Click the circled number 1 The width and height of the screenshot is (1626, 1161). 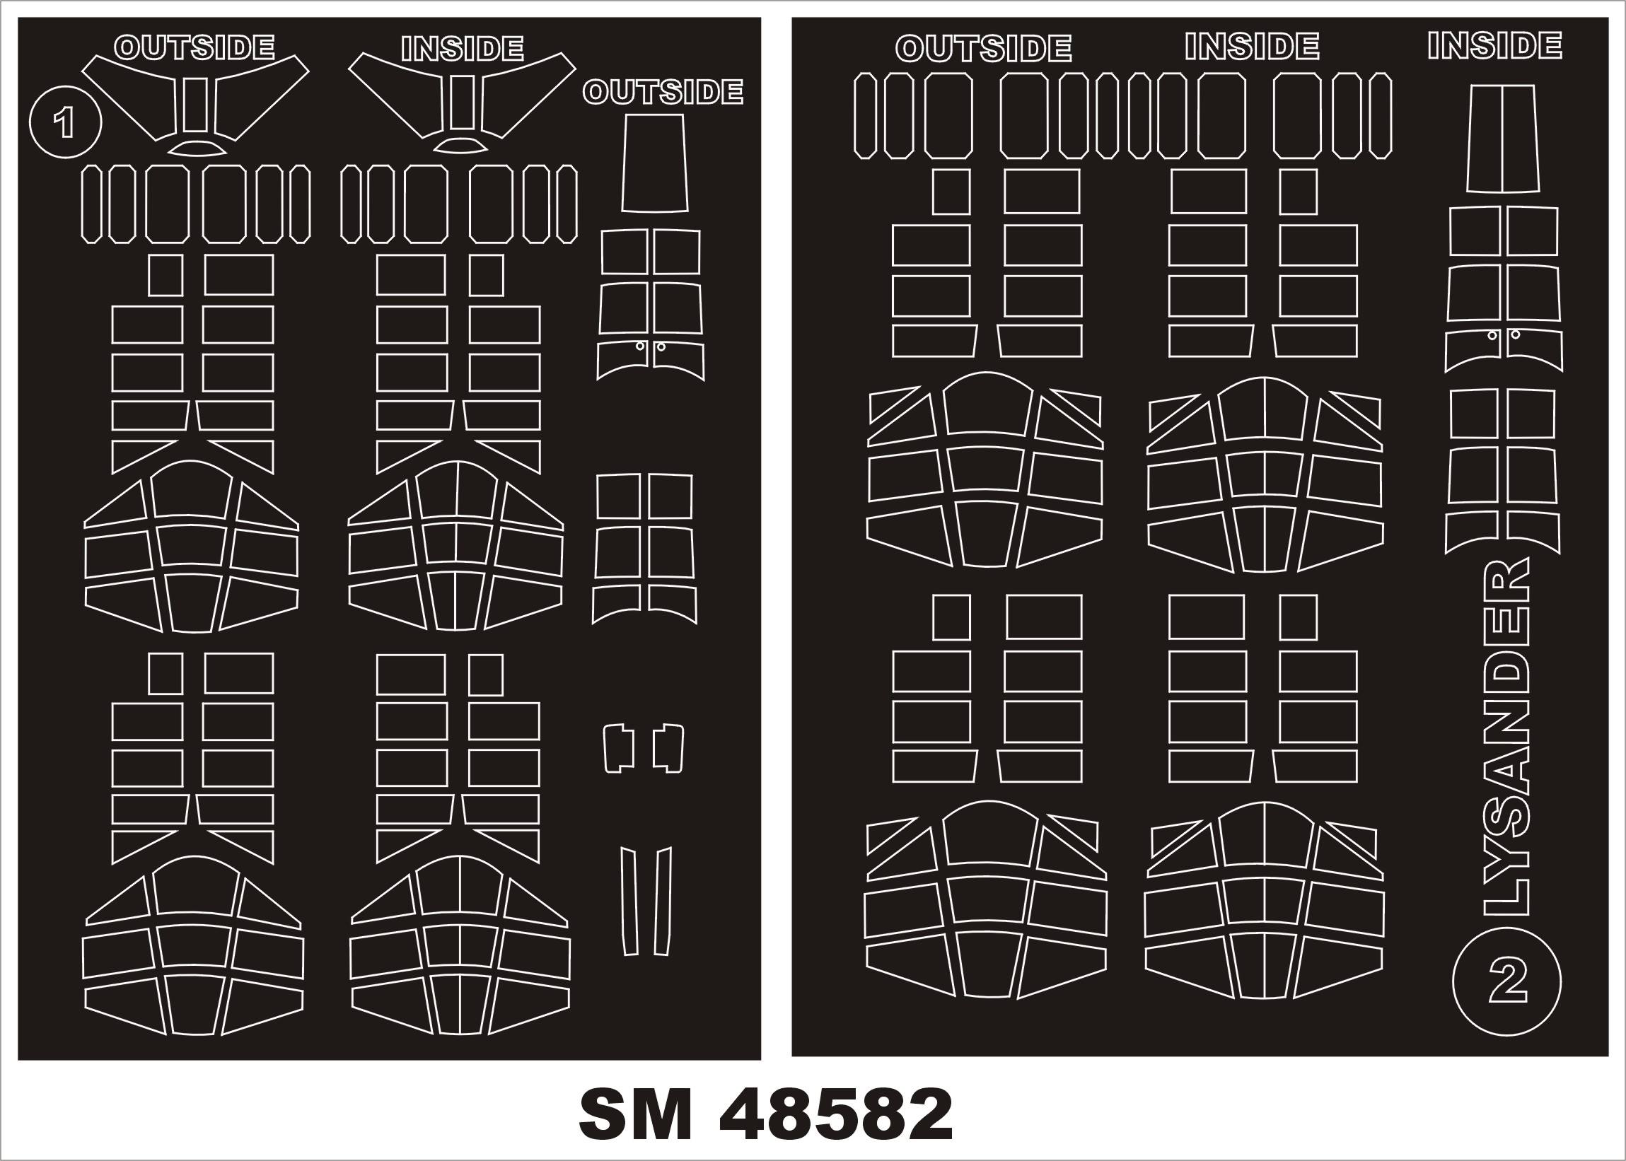(65, 122)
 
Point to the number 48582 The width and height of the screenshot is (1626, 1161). (835, 1115)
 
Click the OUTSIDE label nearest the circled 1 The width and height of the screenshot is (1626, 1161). (194, 48)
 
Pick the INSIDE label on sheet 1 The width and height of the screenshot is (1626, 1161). (463, 49)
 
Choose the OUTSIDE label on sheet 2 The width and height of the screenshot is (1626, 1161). (983, 49)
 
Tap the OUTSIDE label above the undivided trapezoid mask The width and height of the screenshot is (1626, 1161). (663, 92)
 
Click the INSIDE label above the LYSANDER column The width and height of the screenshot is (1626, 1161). (1495, 46)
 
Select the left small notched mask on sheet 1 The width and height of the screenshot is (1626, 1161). (620, 749)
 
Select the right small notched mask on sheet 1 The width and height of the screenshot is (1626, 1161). (668, 749)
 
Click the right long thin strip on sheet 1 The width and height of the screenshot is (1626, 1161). (663, 902)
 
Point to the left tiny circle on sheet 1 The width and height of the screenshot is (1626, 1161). (641, 346)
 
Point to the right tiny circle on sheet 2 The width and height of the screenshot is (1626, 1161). (1514, 334)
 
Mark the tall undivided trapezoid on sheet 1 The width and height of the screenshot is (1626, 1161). (654, 163)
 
